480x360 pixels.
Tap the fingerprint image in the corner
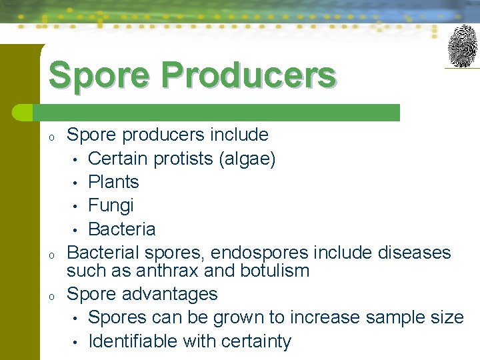tap(462, 46)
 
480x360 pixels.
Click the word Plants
tap(113, 182)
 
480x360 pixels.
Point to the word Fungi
tap(111, 205)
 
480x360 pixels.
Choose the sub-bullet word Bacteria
tap(121, 229)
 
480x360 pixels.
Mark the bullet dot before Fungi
tap(77, 206)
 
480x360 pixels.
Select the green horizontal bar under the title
tap(220, 113)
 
